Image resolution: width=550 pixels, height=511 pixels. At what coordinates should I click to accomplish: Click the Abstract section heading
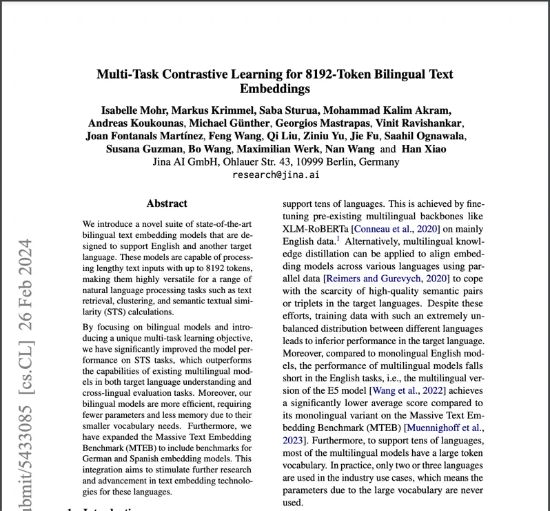pos(167,203)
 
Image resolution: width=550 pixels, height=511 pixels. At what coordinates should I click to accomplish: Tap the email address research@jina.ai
pos(275,175)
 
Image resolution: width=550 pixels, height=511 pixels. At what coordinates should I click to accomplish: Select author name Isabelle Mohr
pos(133,110)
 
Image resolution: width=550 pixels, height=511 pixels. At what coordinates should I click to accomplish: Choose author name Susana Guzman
pos(144,149)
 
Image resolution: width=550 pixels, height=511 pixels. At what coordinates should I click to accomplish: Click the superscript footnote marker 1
pos(338,239)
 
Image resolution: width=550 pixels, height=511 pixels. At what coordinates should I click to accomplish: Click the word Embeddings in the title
pos(275,89)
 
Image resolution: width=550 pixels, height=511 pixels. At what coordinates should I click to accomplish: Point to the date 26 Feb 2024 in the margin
pos(26,294)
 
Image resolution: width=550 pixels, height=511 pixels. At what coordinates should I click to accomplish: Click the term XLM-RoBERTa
pos(317,229)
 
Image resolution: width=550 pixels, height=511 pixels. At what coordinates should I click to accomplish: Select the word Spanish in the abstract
pos(137,458)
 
